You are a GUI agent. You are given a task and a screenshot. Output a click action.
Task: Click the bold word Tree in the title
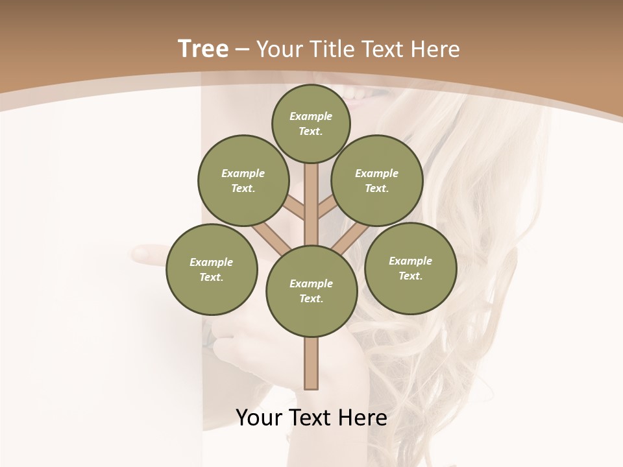tap(203, 49)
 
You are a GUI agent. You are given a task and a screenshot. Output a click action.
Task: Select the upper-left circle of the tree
tap(243, 180)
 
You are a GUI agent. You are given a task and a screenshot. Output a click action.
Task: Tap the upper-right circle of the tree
tap(376, 180)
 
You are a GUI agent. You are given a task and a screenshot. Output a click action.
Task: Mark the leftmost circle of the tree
tap(212, 269)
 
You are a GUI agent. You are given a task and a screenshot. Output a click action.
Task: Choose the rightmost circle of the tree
tap(410, 268)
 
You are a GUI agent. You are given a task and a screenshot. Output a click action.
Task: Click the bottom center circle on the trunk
tap(311, 291)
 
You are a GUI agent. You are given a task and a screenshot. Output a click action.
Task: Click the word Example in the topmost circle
tap(311, 116)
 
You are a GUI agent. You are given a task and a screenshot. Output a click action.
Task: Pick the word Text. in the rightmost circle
tap(410, 276)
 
